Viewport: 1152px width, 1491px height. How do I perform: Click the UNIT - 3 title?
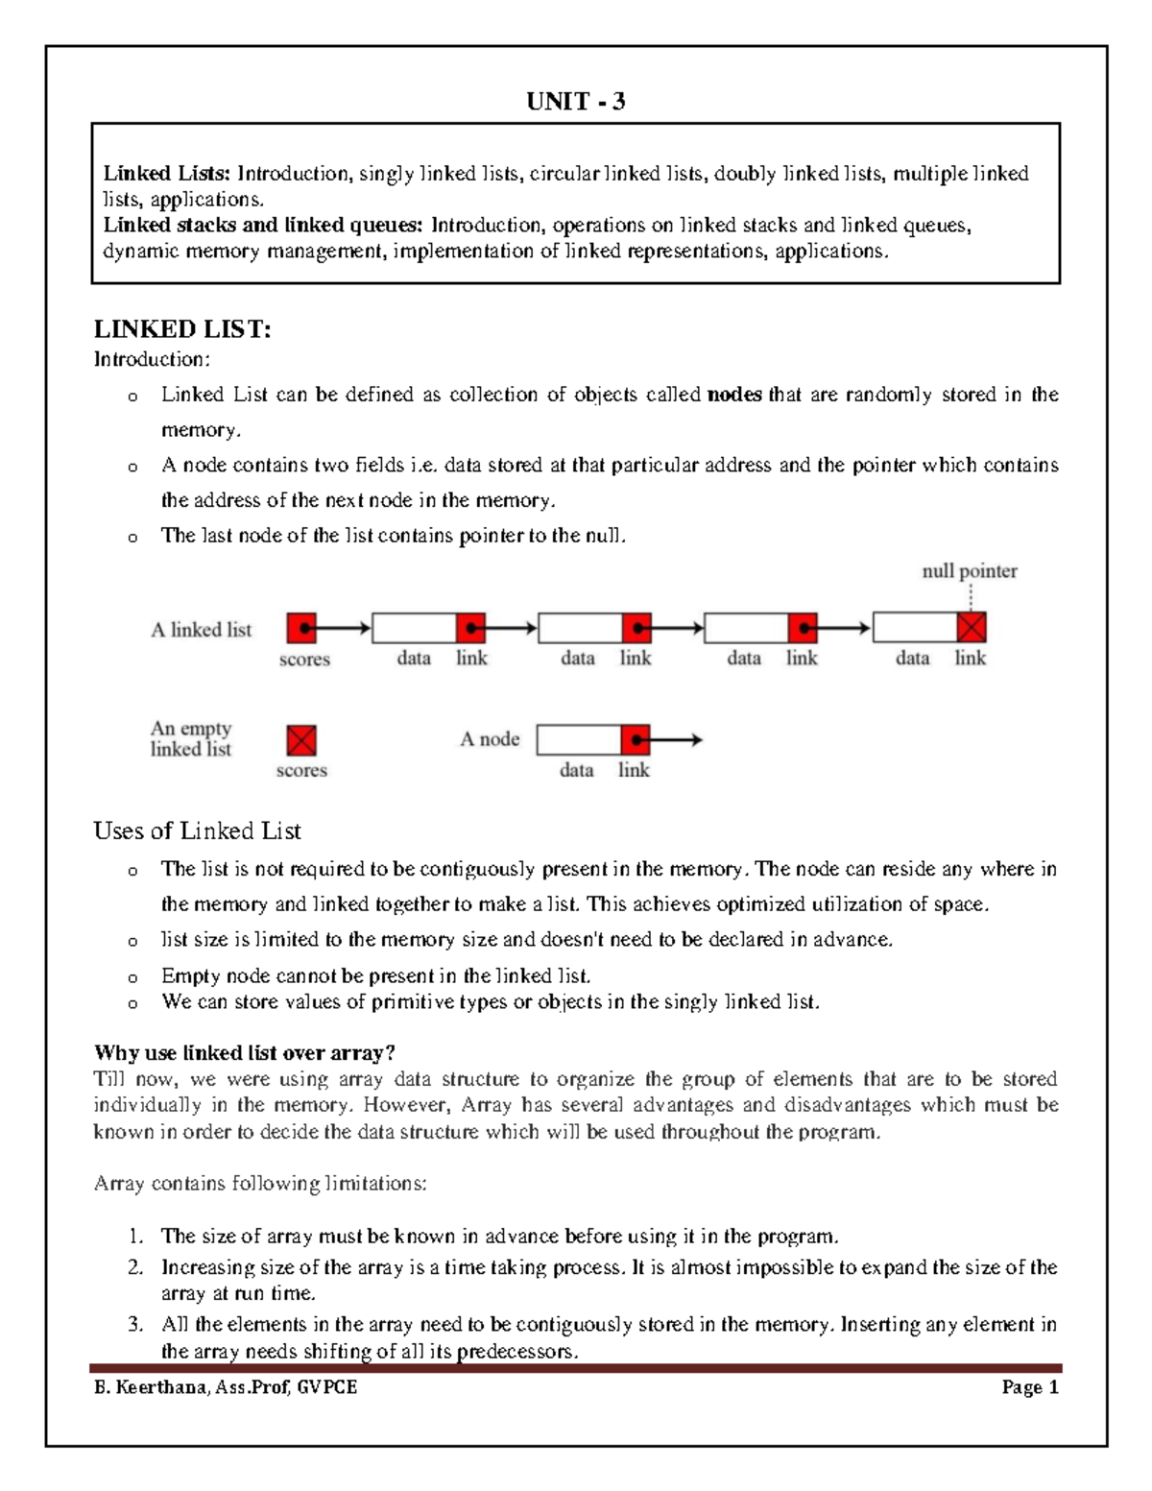pos(575,102)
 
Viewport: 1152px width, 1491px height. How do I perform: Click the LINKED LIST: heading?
pos(182,329)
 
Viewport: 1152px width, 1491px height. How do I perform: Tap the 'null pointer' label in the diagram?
pos(969,571)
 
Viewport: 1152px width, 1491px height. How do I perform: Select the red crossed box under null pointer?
pos(972,628)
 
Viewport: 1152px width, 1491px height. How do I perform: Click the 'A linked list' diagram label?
pos(201,630)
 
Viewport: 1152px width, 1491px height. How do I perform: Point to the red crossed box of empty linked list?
pos(301,740)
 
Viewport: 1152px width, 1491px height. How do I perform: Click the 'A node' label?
pos(490,739)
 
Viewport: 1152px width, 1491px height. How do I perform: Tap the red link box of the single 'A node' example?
pos(636,740)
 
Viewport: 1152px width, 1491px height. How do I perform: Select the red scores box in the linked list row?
pos(301,628)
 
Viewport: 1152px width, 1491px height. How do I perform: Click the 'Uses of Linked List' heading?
pos(197,830)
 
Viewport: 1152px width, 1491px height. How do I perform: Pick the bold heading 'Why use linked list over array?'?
pos(244,1053)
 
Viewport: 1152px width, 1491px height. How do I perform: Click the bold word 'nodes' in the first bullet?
pos(734,395)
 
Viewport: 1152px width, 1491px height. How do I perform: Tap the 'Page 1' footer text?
pos(1029,1387)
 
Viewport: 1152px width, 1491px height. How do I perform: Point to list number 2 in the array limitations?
pos(135,1267)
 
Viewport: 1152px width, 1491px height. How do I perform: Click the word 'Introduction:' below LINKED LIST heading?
pos(151,359)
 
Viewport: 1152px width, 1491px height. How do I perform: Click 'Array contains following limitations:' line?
pos(260,1184)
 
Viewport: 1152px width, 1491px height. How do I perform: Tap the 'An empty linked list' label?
pos(191,738)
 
